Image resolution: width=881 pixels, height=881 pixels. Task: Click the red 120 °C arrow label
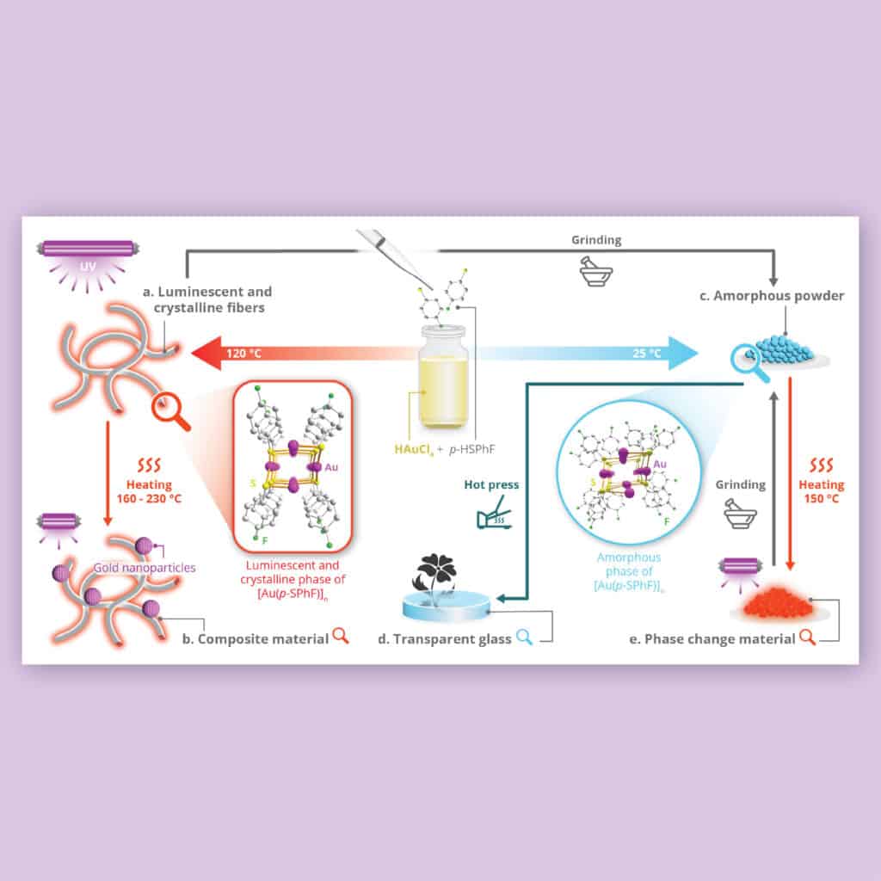pos(243,354)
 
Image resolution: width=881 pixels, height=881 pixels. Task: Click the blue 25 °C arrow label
pos(647,354)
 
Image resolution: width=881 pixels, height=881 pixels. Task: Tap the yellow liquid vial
pos(443,376)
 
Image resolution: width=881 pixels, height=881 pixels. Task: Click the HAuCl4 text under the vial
pos(414,449)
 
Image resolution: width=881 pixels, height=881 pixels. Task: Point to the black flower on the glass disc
pos(434,579)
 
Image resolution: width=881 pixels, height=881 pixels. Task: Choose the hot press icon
pos(493,513)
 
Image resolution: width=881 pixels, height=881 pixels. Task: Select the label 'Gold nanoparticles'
pos(145,568)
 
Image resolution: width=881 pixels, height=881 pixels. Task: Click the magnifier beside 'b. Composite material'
pos(341,636)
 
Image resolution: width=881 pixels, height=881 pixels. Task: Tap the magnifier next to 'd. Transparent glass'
pos(524,637)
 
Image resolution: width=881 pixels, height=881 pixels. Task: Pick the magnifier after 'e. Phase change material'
pos(807,637)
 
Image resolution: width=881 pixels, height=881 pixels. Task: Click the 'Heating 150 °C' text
pos(822,491)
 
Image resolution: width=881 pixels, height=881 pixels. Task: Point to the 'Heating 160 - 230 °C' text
pos(149,491)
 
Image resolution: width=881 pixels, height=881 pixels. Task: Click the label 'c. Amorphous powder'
pos(772,296)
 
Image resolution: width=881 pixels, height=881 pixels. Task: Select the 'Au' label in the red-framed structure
pos(331,467)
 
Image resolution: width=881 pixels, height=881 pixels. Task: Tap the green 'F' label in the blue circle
pos(667,522)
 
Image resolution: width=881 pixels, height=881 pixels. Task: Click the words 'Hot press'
pos(491,484)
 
